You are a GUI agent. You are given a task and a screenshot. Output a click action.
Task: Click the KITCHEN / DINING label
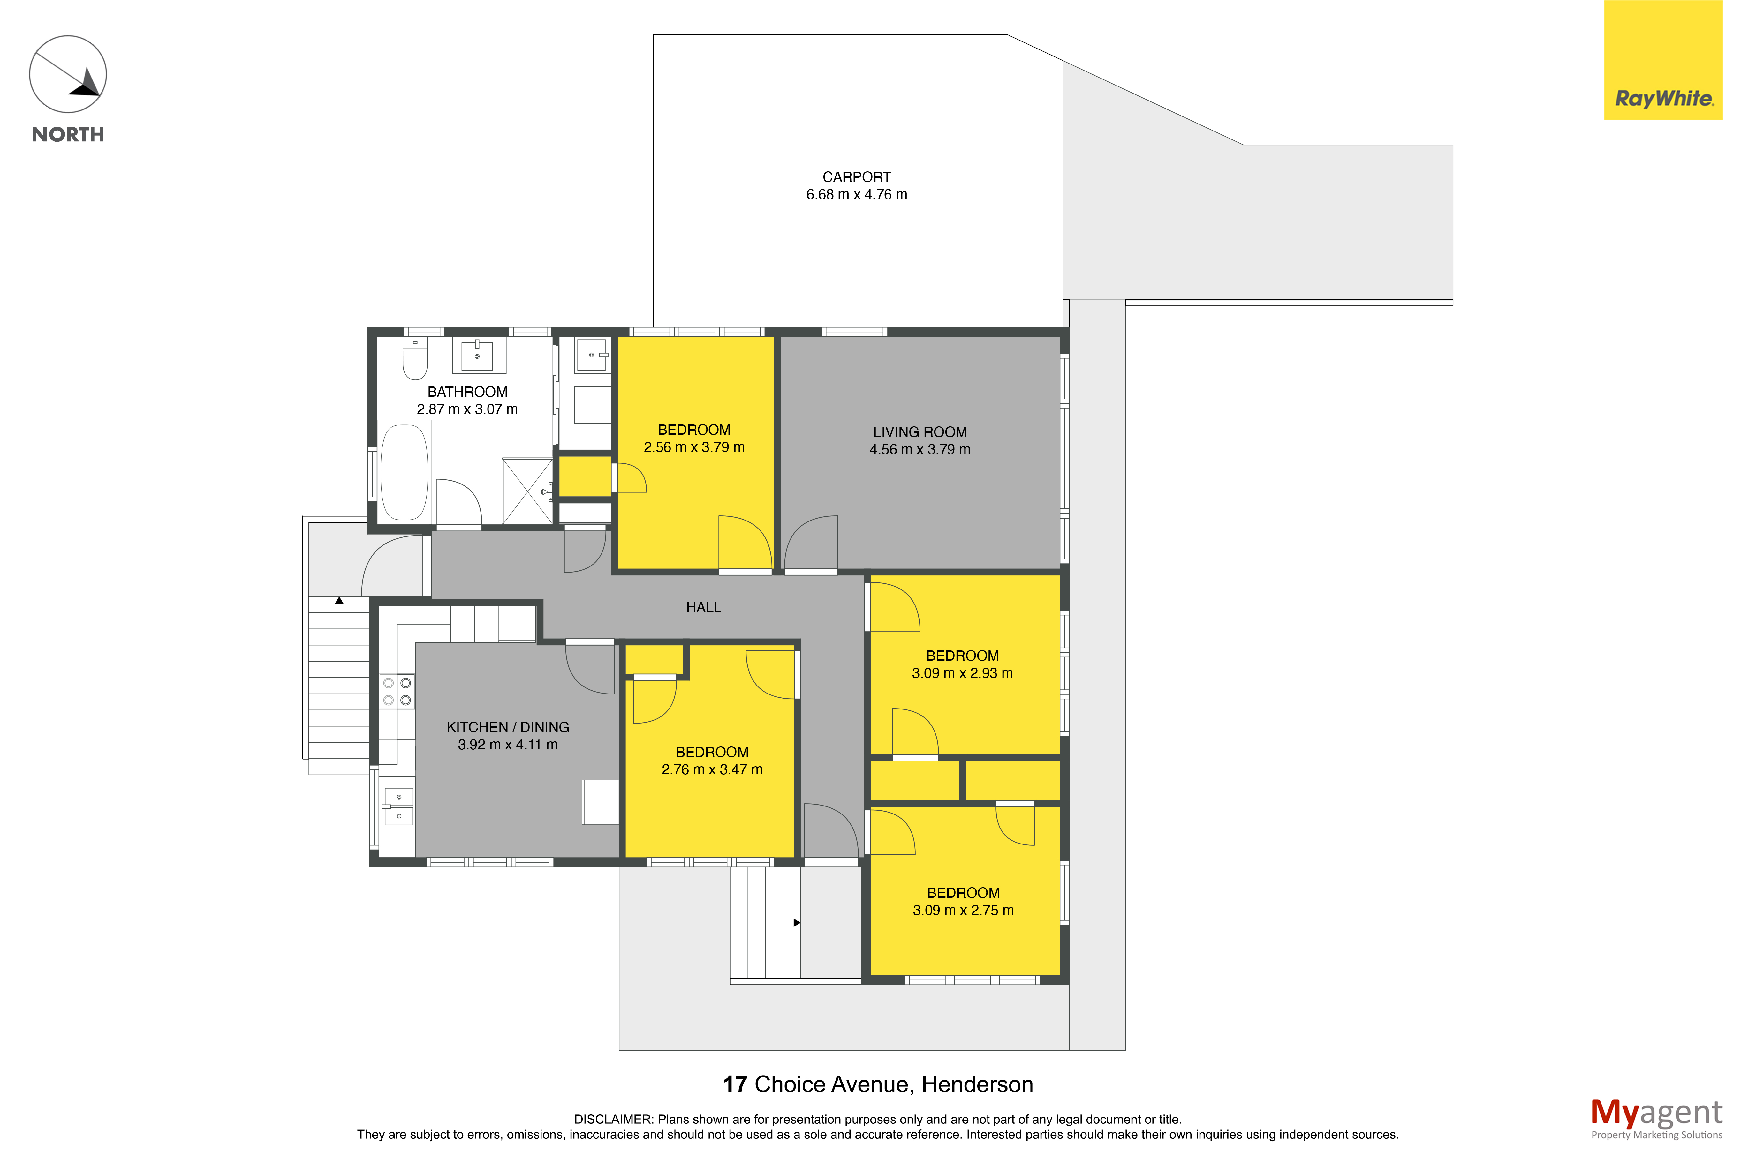click(x=507, y=727)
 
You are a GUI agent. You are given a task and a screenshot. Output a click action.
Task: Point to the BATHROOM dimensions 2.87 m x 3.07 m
click(x=467, y=409)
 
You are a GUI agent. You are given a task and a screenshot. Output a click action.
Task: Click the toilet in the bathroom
click(x=415, y=358)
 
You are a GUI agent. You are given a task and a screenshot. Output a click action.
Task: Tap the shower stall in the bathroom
click(x=527, y=491)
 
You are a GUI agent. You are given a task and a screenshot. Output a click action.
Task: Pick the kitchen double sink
click(x=398, y=806)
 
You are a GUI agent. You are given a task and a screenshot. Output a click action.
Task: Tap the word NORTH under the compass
click(x=68, y=134)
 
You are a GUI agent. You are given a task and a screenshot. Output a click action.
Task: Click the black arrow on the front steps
click(x=796, y=923)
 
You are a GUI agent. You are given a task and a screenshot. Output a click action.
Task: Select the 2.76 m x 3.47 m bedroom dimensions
click(x=712, y=769)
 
